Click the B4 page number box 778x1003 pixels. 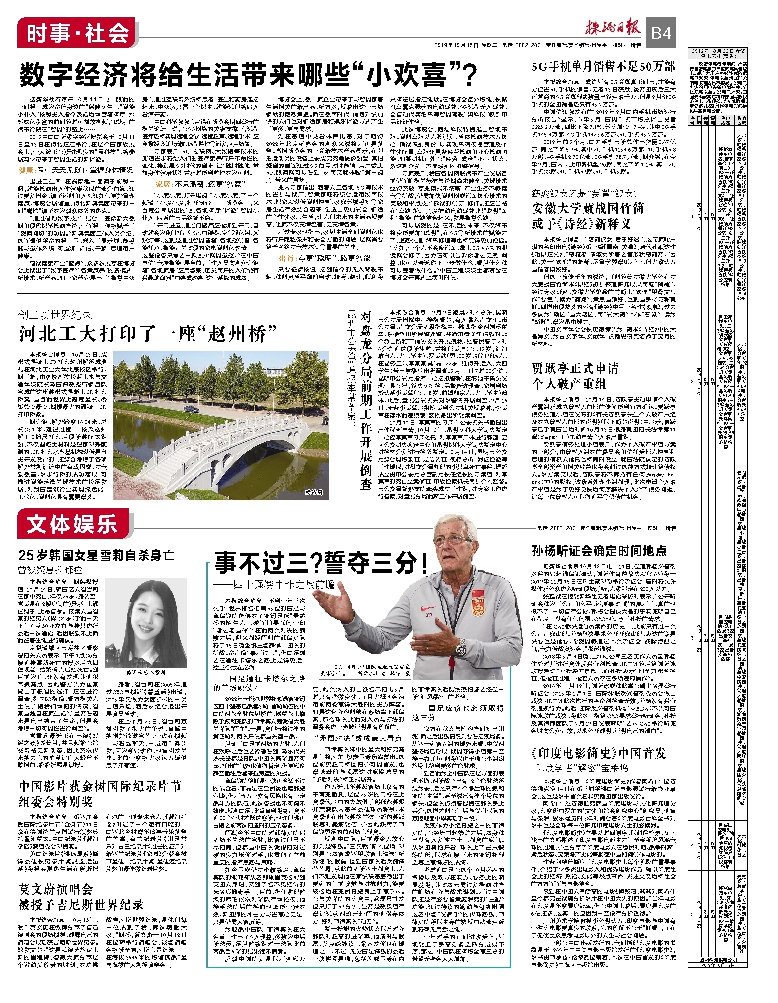(x=661, y=33)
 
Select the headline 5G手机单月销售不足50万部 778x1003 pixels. (x=603, y=67)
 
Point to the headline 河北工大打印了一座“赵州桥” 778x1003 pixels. (x=148, y=334)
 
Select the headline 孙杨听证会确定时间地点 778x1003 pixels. (x=598, y=551)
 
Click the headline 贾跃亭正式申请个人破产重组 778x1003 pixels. (x=575, y=376)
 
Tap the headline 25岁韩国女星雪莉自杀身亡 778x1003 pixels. (x=96, y=555)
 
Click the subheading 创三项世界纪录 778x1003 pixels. (x=55, y=315)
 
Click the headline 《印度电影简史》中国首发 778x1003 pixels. (x=598, y=753)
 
